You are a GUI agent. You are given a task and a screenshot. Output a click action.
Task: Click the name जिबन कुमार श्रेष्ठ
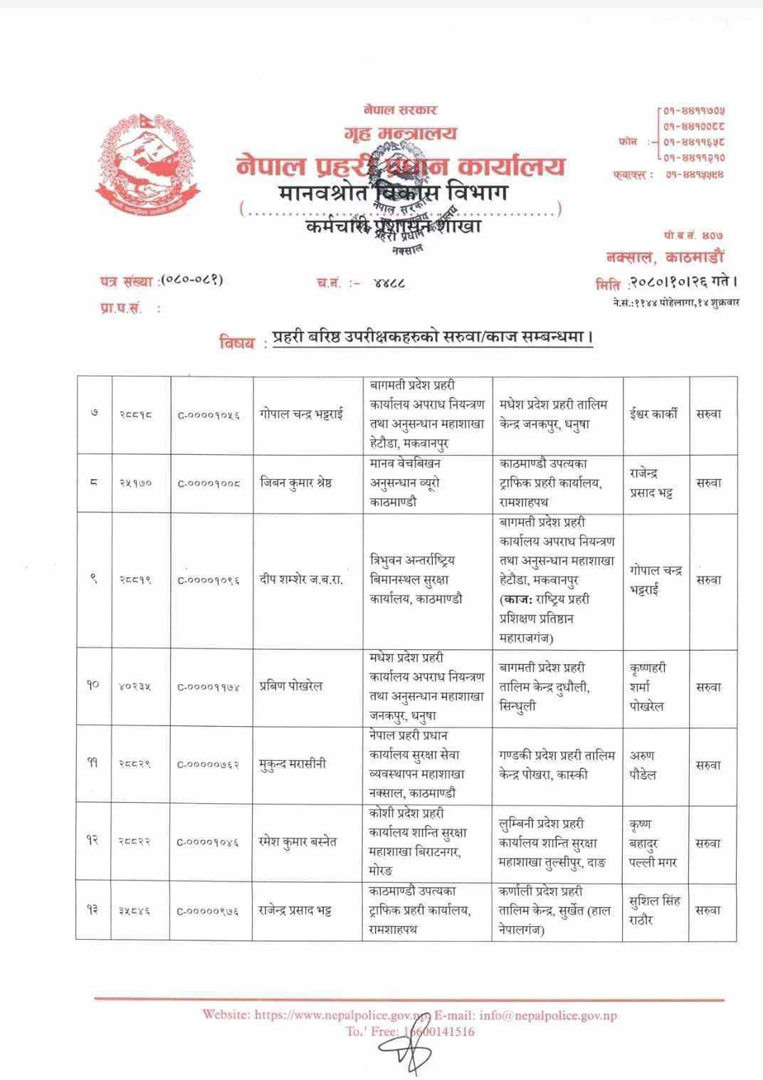(296, 483)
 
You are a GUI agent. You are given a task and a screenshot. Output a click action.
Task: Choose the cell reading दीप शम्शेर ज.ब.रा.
(302, 580)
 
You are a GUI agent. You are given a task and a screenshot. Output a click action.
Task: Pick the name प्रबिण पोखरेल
(291, 686)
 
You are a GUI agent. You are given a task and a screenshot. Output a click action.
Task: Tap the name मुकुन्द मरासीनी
(292, 765)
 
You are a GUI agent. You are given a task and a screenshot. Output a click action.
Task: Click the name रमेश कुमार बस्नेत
(298, 842)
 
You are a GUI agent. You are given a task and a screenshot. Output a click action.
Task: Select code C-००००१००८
(209, 483)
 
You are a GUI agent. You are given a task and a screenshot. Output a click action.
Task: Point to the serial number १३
(93, 911)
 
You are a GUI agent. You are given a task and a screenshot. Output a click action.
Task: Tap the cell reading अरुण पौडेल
(643, 765)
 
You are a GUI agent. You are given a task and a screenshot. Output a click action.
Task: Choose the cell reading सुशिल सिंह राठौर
(655, 911)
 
